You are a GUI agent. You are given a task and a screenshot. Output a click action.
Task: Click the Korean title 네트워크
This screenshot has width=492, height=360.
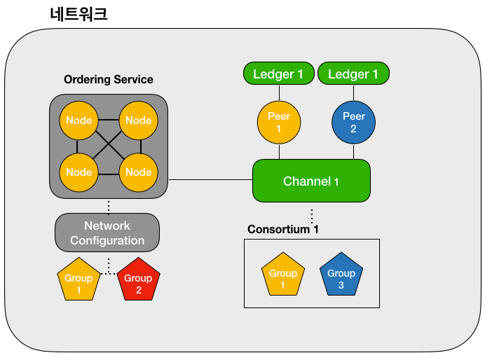pos(78,15)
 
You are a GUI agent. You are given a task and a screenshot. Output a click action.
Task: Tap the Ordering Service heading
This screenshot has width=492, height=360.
pos(109,80)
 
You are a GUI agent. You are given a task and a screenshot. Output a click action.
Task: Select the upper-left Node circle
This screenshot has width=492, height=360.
pos(78,120)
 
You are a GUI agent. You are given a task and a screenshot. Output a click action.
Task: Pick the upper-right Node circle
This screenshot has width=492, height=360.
pos(138,120)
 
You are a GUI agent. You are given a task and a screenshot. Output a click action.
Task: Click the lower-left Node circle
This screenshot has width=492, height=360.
pos(78,172)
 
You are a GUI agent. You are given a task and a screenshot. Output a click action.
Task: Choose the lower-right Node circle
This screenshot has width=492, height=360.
pos(138,172)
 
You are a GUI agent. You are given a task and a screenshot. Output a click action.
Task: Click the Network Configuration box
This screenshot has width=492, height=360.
pos(107,233)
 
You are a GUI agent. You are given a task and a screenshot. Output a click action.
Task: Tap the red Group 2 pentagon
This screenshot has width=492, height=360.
pos(138,279)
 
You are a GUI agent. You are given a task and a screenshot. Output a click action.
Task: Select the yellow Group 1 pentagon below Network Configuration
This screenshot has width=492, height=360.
pos(78,279)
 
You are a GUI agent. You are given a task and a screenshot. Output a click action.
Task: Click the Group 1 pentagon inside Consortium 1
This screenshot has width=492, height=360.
pos(283,275)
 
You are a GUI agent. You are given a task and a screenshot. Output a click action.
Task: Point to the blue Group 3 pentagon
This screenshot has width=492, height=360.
pos(341,275)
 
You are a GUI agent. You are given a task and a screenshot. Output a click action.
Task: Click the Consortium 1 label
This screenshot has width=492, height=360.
pos(283,229)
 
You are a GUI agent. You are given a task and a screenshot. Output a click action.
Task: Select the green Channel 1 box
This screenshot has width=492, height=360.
pos(312,181)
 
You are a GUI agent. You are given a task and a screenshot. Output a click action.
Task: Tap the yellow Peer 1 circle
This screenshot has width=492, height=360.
pos(279,123)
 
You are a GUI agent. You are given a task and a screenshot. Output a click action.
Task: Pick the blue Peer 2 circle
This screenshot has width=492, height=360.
pos(354,123)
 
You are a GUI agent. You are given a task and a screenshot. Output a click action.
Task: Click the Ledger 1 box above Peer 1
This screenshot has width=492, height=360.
pos(279,74)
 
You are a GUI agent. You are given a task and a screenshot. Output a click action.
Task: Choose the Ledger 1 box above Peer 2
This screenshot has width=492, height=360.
pos(354,74)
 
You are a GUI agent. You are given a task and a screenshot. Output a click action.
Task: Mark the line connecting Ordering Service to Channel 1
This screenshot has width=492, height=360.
pos(210,180)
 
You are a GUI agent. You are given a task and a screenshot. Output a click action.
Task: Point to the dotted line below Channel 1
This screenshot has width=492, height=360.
pos(312,216)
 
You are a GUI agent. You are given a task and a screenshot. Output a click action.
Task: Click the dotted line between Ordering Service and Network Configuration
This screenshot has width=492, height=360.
pos(109,207)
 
